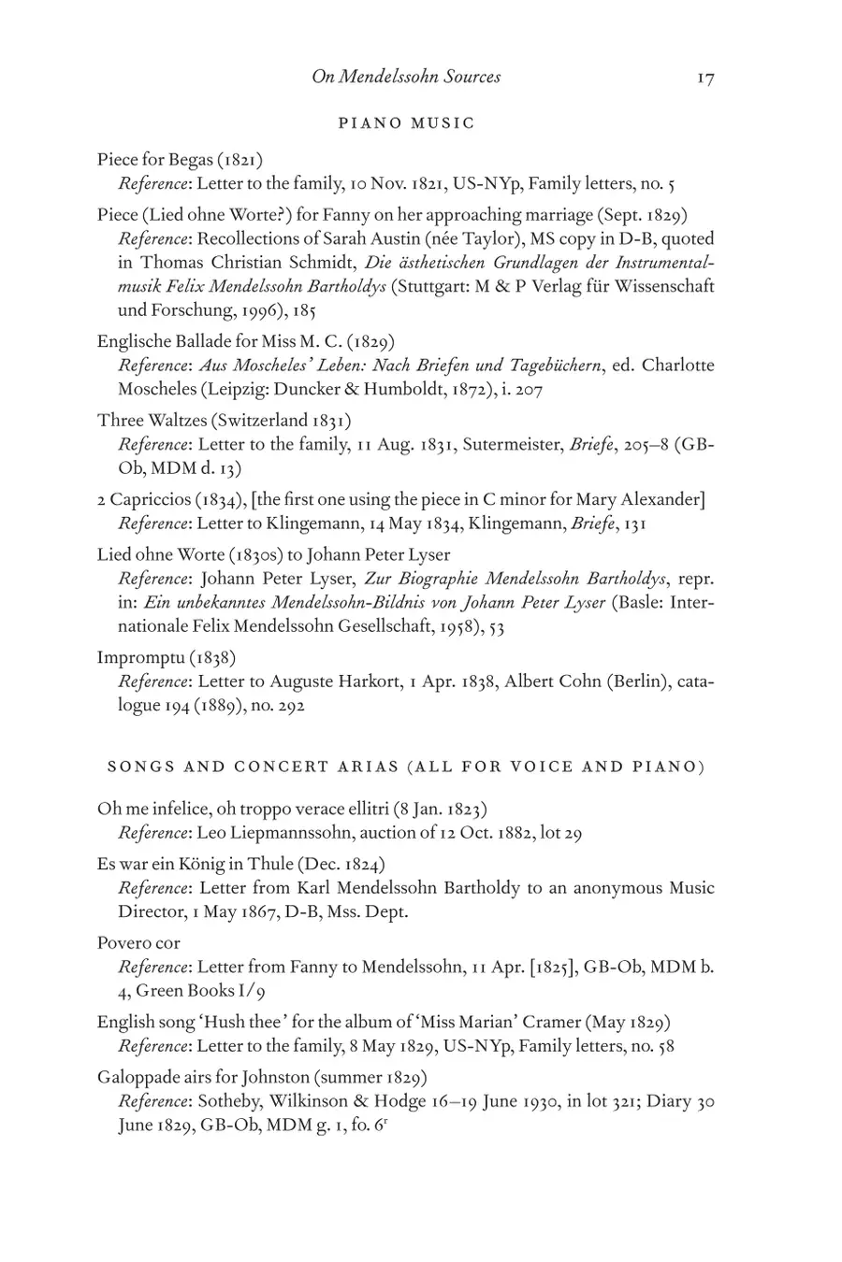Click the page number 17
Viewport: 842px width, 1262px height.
tap(705, 79)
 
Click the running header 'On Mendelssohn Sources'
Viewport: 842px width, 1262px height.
tap(406, 77)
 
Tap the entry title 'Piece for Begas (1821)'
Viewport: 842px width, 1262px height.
tap(173, 159)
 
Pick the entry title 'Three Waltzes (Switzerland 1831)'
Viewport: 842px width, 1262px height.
tap(225, 420)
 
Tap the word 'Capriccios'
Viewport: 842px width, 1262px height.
tap(151, 499)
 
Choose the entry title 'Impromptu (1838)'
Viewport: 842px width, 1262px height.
tap(167, 657)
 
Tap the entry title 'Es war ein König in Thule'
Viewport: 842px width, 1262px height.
tap(241, 864)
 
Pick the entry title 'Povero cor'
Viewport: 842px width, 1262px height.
tap(138, 942)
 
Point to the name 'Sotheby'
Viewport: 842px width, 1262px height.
tap(227, 1101)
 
